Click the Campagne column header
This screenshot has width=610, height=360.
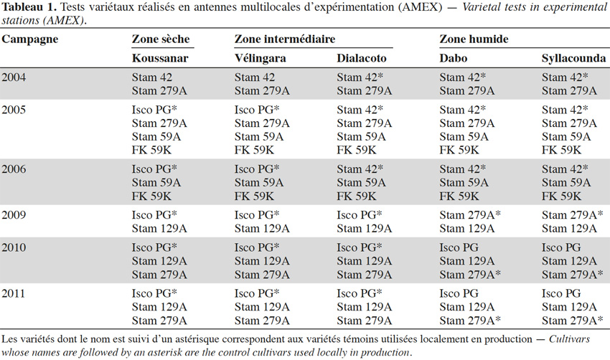click(30, 39)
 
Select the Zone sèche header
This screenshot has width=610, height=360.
click(161, 39)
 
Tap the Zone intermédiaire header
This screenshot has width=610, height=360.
click(285, 39)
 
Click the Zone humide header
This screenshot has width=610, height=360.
click(474, 39)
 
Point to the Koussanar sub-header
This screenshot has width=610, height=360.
click(160, 58)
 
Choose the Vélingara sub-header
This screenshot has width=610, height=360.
click(261, 58)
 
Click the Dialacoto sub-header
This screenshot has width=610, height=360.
click(362, 58)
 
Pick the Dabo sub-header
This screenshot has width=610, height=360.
click(454, 58)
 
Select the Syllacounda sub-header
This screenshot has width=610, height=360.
click(574, 58)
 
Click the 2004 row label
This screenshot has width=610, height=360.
click(14, 77)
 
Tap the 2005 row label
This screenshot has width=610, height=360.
click(14, 110)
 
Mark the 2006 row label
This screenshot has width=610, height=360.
click(14, 169)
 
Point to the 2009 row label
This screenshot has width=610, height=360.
click(14, 215)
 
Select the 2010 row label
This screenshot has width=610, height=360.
click(14, 247)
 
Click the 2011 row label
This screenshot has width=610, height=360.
click(14, 293)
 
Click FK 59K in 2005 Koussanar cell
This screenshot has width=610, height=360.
click(151, 150)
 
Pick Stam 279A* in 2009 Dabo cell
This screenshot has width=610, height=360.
click(470, 215)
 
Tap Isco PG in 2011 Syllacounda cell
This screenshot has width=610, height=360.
click(561, 293)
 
